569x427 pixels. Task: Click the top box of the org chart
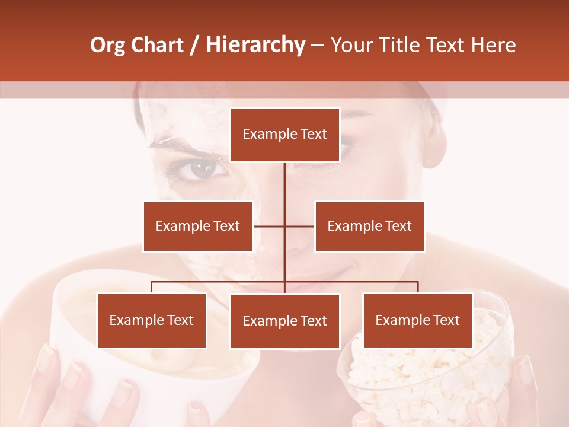tap(284, 135)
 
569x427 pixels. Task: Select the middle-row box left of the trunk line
tap(198, 226)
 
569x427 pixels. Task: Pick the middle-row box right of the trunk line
tap(369, 226)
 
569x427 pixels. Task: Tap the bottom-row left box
tap(152, 321)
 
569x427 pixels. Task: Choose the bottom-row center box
tap(284, 321)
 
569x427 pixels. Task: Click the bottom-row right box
tap(417, 320)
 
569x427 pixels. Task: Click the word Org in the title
tap(107, 45)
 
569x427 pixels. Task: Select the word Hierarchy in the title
tap(255, 45)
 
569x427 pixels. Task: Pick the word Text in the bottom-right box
tap(446, 320)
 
